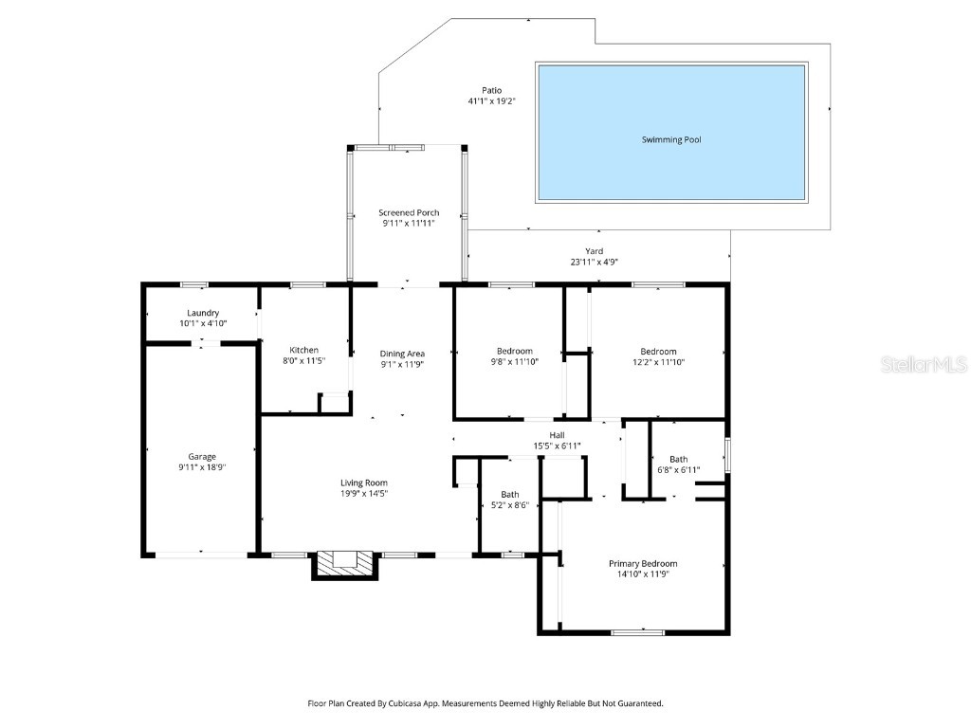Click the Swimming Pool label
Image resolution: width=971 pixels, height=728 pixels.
click(x=671, y=139)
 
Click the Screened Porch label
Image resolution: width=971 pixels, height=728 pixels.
click(x=409, y=212)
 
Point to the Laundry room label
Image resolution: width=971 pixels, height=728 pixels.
click(x=203, y=313)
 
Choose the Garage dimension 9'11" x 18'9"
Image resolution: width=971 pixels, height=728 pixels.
click(x=202, y=466)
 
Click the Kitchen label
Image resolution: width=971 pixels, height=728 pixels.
click(x=303, y=350)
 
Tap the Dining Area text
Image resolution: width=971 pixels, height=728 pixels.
click(x=402, y=354)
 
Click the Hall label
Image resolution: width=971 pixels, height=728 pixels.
click(x=557, y=435)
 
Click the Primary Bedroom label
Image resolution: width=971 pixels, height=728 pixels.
click(x=642, y=563)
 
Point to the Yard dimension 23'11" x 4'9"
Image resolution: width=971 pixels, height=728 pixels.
click(x=595, y=262)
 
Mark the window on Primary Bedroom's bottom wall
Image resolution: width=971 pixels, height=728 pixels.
click(x=637, y=632)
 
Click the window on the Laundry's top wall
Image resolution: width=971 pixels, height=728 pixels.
click(x=194, y=284)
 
